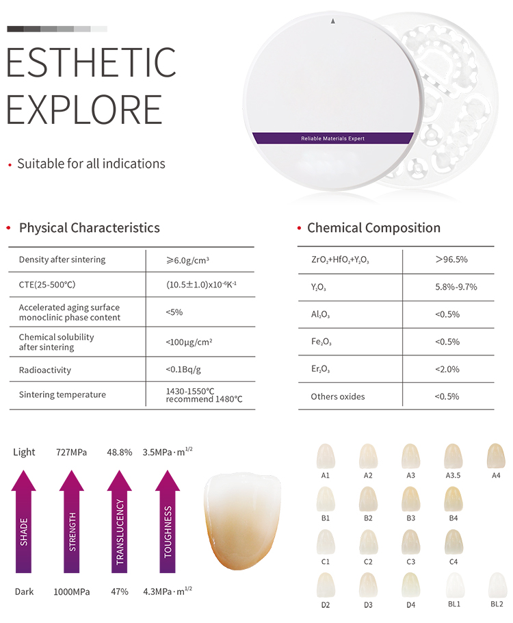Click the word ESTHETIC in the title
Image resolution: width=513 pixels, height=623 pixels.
91,62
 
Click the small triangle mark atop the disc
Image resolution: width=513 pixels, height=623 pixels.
332,21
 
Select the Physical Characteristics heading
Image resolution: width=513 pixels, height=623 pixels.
89,228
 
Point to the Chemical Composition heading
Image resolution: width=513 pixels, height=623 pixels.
373,228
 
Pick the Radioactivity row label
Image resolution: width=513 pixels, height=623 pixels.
45,370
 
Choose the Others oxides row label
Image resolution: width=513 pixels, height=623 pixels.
338,396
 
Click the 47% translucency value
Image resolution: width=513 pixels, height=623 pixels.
120,591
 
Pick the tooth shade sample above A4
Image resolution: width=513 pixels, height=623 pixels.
495,456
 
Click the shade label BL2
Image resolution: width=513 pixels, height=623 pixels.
496,605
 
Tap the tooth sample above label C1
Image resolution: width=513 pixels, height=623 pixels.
326,542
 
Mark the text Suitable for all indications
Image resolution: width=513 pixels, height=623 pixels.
91,164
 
